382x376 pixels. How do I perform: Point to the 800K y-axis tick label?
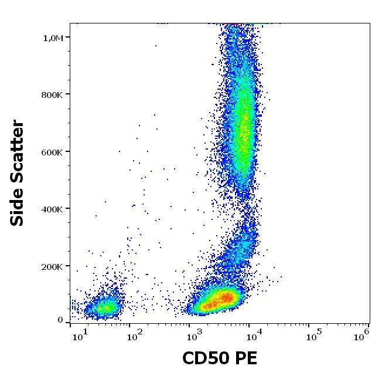tap(53, 95)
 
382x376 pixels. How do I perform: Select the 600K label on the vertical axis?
tap(53, 152)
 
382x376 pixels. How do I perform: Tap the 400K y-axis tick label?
tap(53, 209)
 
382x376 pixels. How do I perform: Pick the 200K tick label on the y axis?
tap(53, 267)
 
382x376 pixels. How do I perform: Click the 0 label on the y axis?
tap(60, 320)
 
